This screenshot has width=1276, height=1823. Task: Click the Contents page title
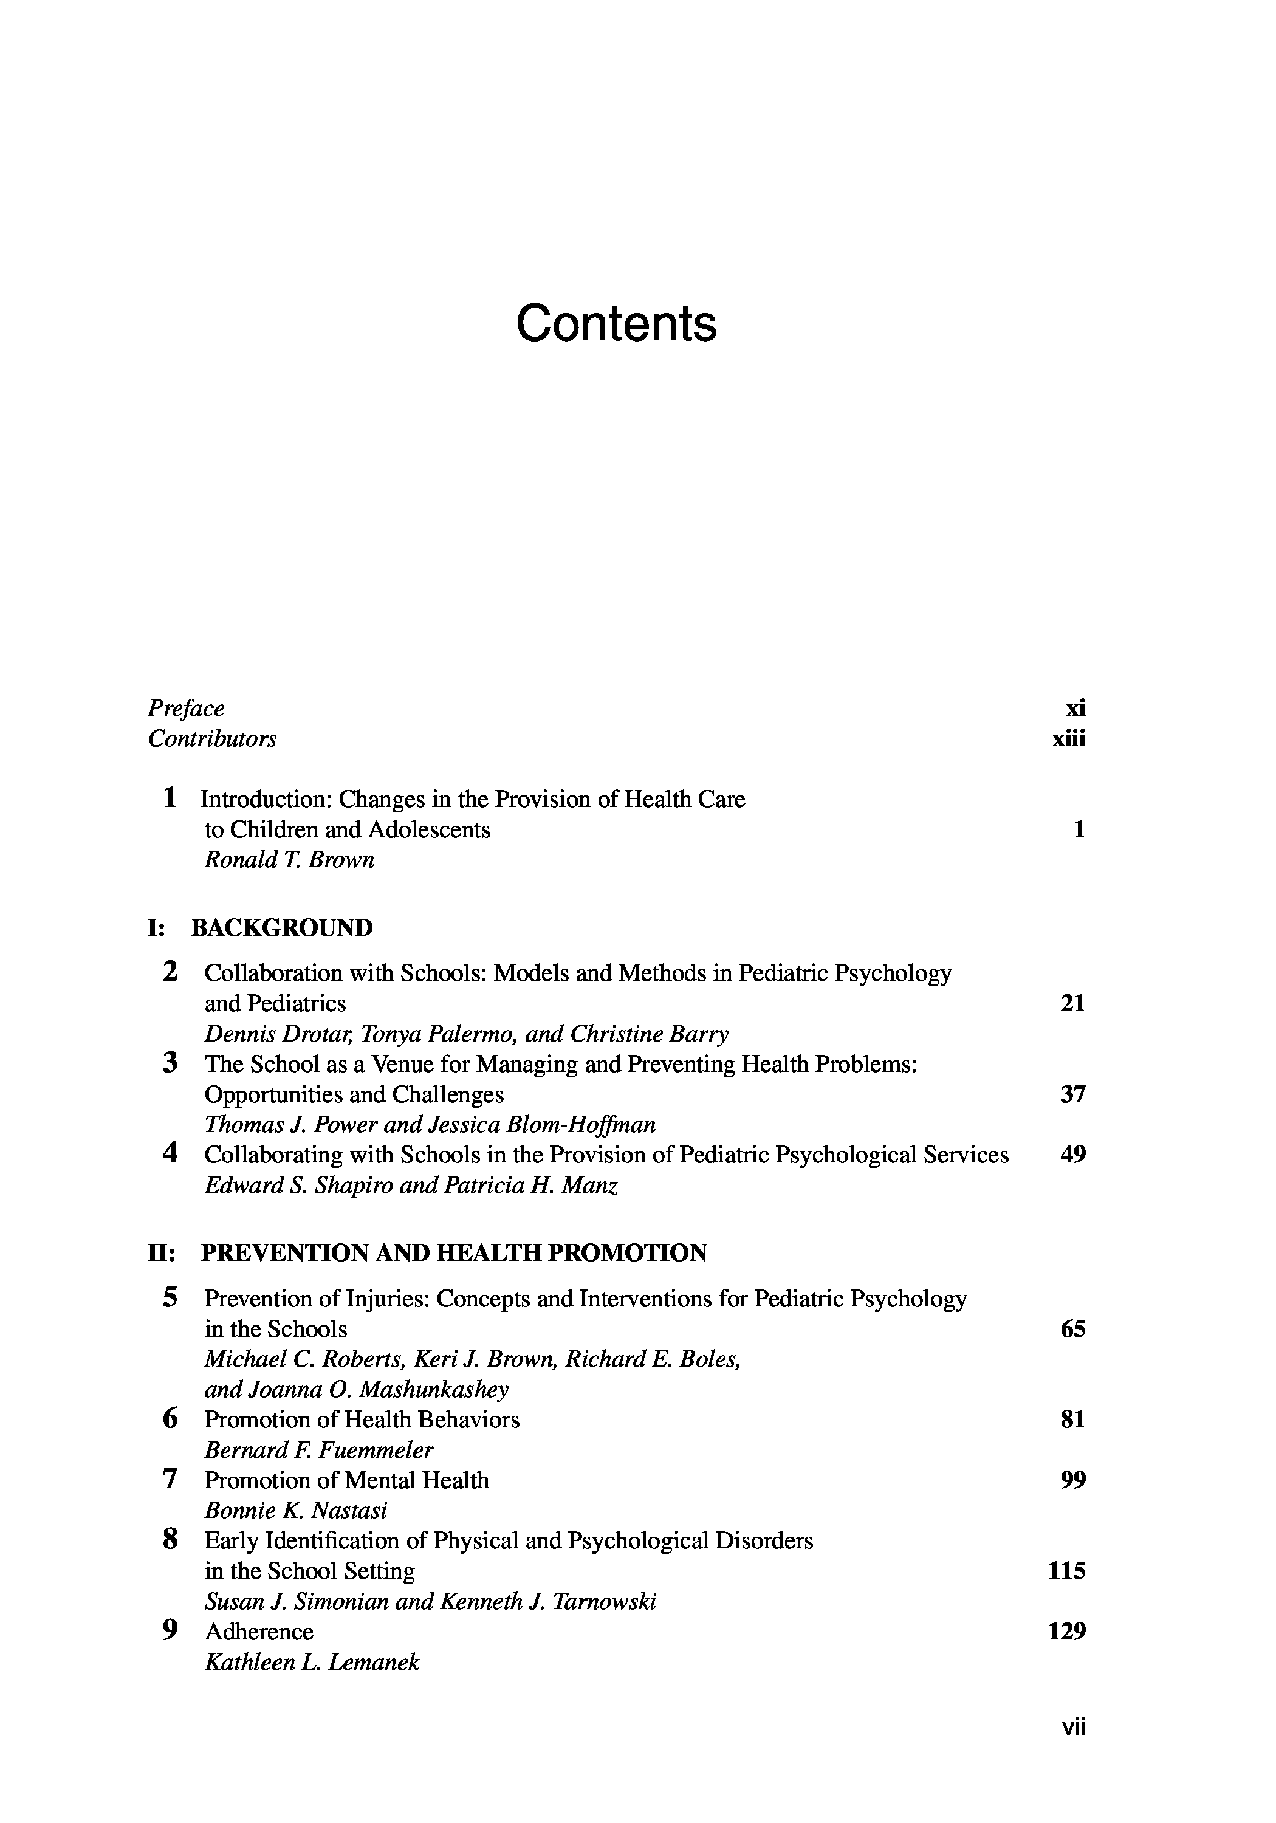tap(616, 323)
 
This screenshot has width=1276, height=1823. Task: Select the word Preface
tap(186, 709)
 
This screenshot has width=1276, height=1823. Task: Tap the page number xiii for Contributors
tap(1068, 739)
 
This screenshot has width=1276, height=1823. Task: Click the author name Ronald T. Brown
tap(289, 860)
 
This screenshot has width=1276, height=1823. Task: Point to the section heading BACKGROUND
tap(282, 927)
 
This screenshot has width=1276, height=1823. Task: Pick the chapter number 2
tap(170, 972)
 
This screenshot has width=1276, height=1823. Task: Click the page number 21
tap(1072, 1004)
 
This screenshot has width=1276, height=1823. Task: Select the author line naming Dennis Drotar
tap(466, 1034)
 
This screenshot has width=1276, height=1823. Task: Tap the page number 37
tap(1072, 1095)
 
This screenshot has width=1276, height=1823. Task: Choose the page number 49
tap(1072, 1155)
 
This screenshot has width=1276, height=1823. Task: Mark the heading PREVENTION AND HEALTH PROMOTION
tap(453, 1253)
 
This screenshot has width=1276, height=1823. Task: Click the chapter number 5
tap(170, 1297)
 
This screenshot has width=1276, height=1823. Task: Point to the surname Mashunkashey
tap(434, 1390)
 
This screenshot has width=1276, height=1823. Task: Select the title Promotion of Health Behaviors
tap(362, 1420)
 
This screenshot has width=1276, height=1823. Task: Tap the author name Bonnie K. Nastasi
tap(296, 1510)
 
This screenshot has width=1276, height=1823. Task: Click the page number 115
tap(1066, 1571)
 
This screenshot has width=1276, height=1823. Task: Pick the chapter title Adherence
tap(259, 1632)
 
